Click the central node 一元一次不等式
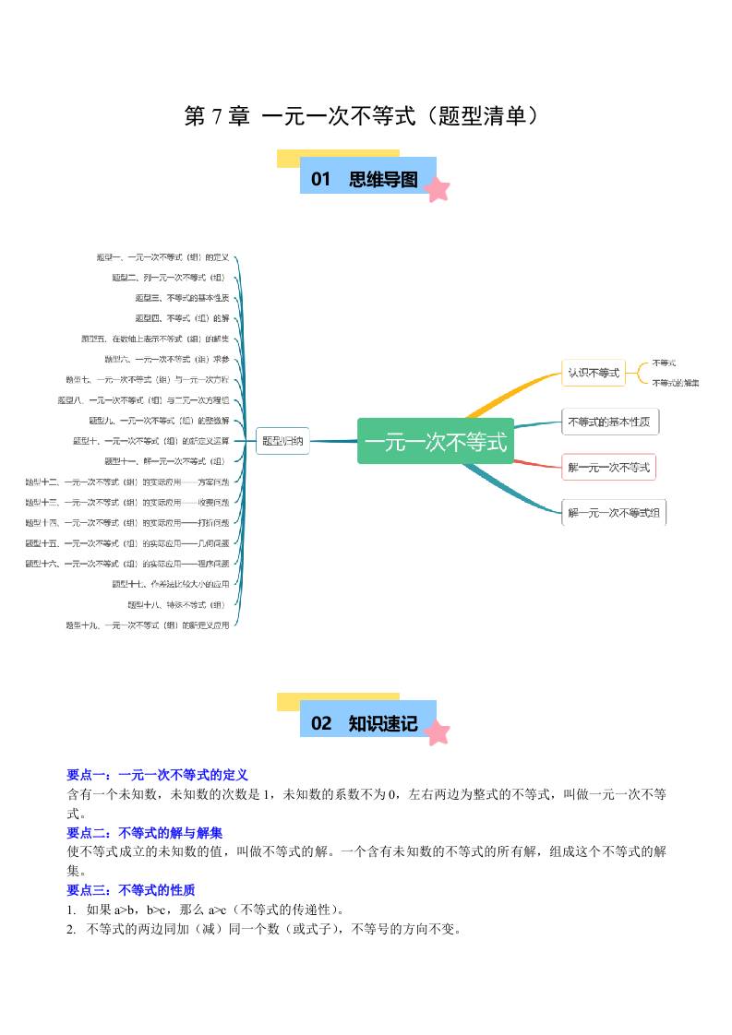coord(436,441)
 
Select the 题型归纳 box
coord(282,441)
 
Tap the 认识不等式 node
coord(593,373)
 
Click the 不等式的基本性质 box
coord(610,422)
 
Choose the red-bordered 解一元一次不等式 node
coord(608,467)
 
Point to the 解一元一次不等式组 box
coord(614,513)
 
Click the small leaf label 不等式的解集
coord(676,383)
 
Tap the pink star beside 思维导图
coord(436,189)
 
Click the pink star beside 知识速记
coord(436,732)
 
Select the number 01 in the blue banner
coord(320,179)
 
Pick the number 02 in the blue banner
coord(320,723)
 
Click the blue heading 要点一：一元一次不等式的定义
coord(157,775)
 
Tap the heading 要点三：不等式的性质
coord(131,890)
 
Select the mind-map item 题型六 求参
coord(167,359)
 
